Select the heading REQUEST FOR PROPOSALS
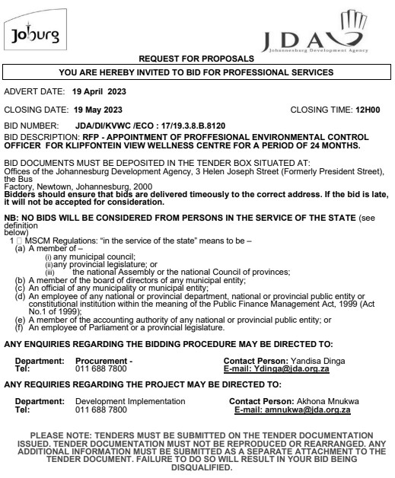197,58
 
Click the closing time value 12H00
371,109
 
